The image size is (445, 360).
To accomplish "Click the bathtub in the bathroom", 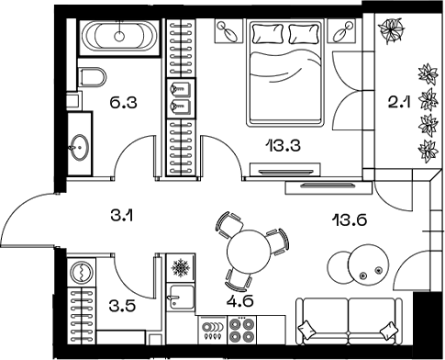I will [118, 38].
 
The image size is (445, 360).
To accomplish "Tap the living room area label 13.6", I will [348, 219].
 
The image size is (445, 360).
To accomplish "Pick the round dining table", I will [246, 249].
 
